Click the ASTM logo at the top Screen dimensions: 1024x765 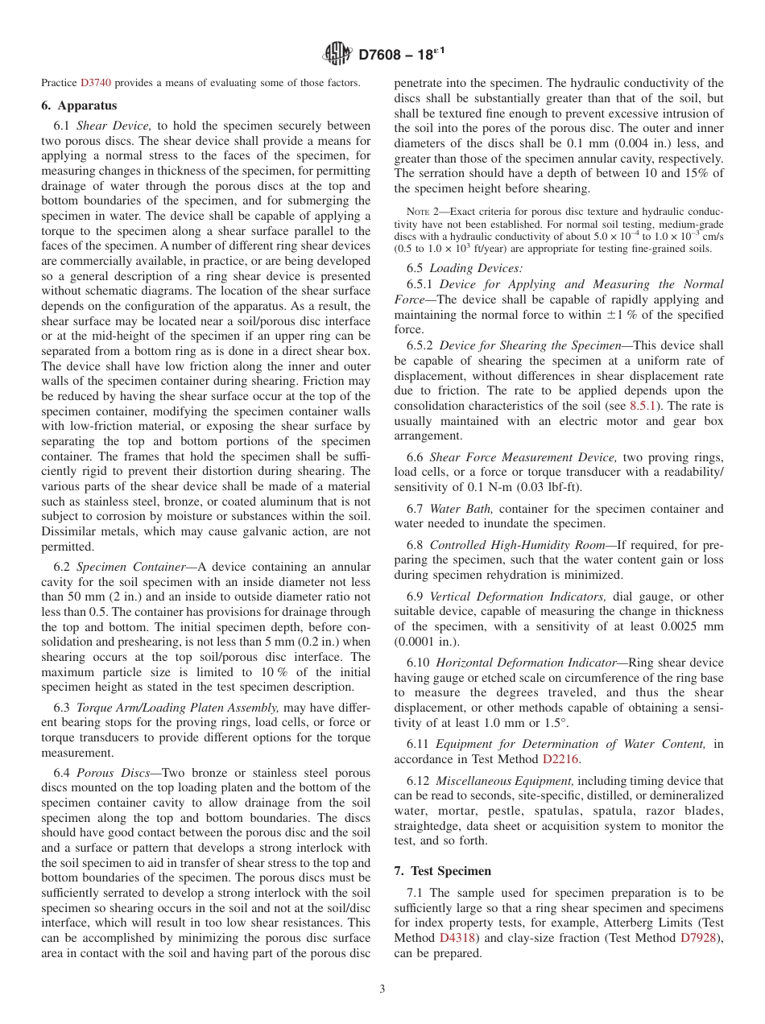pyautogui.click(x=337, y=54)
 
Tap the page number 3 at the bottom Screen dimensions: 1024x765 pyautogui.click(x=382, y=989)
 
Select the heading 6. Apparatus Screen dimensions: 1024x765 pyautogui.click(x=79, y=105)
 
